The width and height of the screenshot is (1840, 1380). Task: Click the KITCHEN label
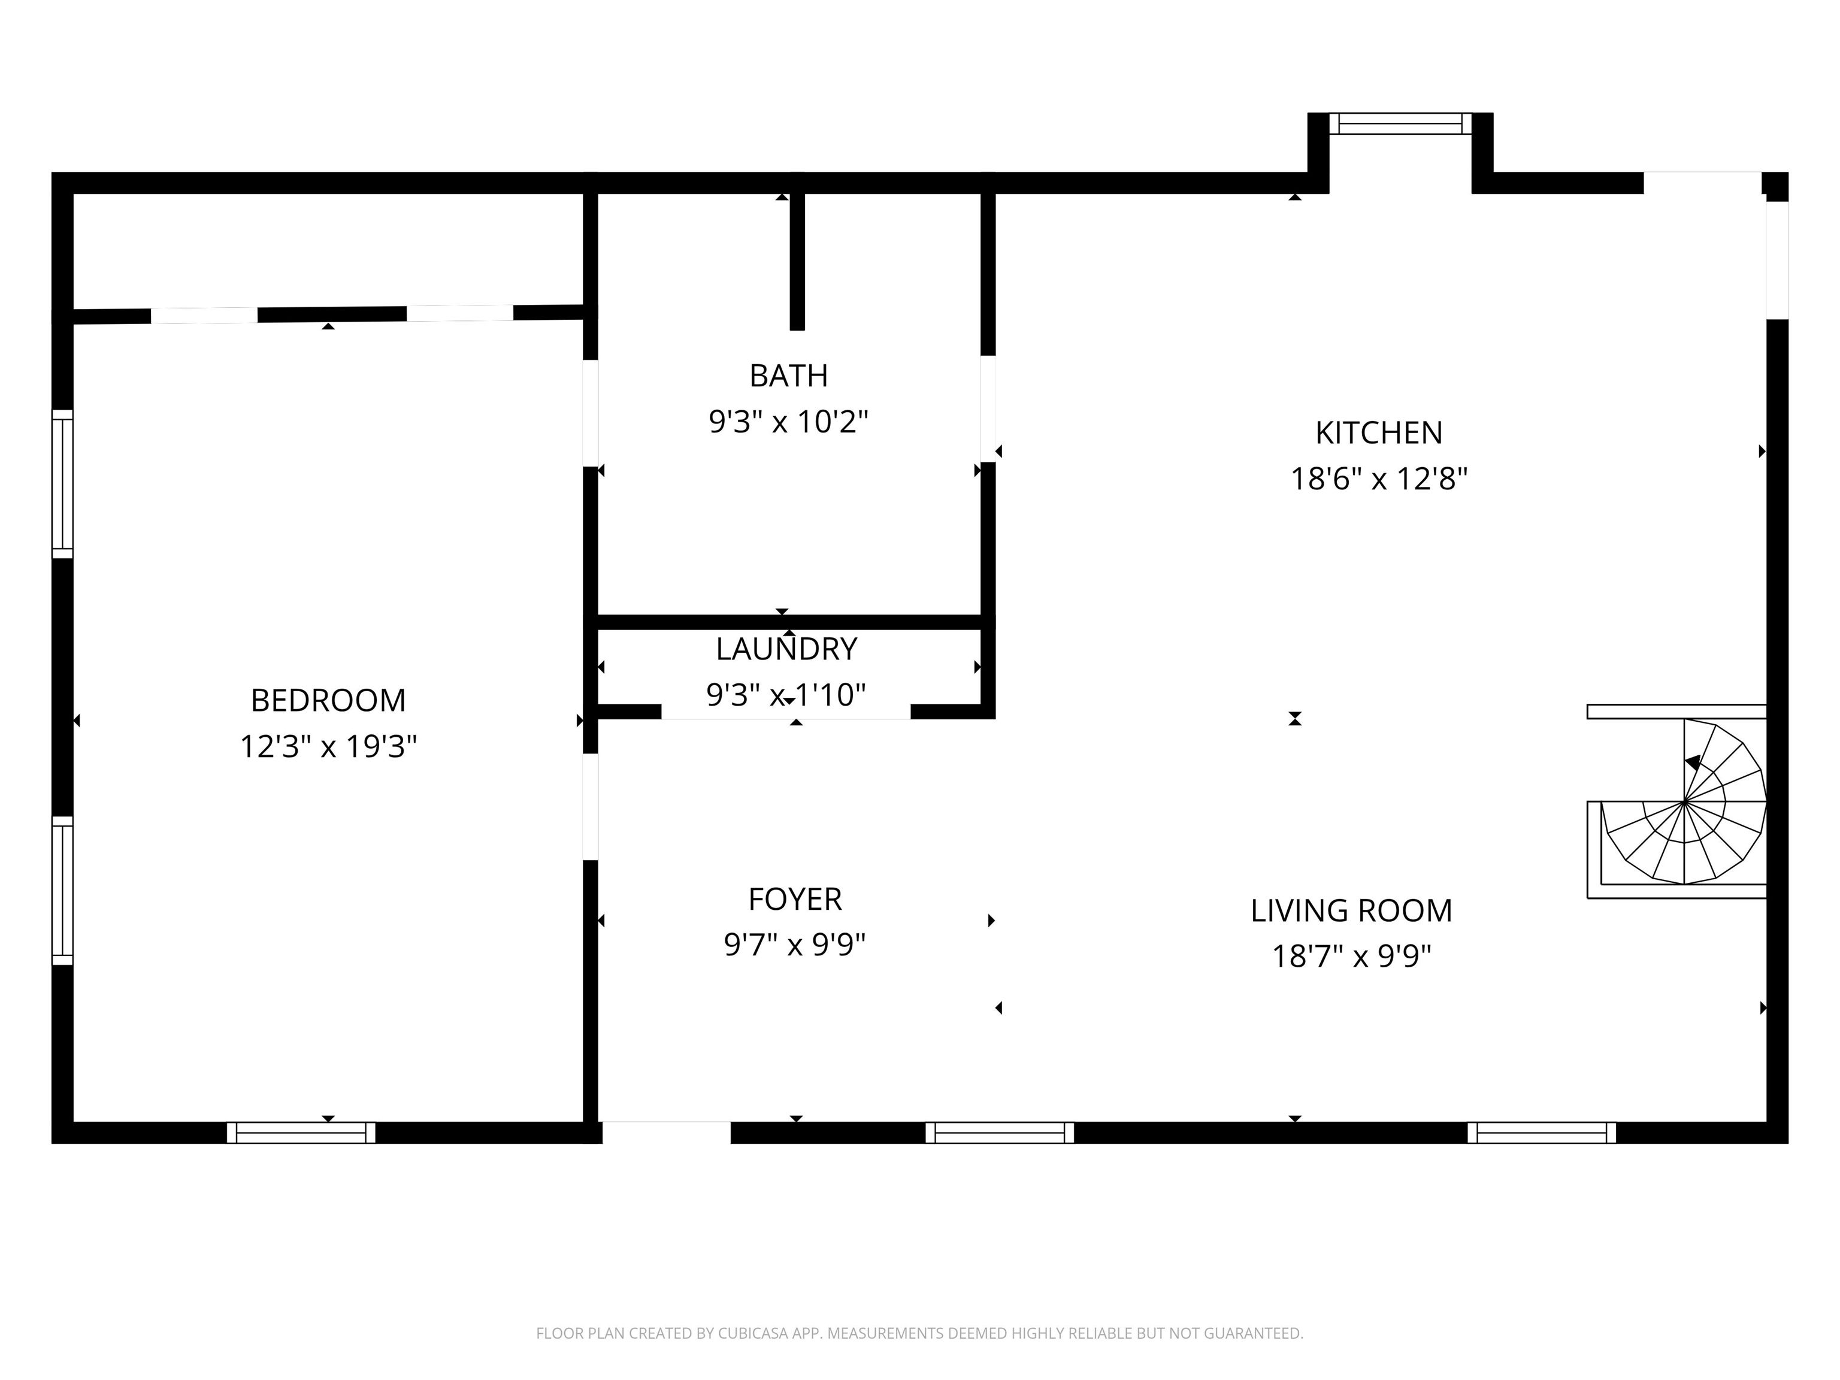(x=1378, y=432)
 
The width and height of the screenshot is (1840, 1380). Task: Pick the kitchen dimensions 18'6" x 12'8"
(x=1378, y=479)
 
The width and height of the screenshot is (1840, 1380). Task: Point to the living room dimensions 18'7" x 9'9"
(x=1351, y=957)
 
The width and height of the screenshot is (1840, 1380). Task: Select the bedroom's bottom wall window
(x=301, y=1132)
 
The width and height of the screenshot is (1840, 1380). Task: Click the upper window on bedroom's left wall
(x=62, y=483)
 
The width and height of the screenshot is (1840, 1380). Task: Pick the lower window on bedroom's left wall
(x=62, y=890)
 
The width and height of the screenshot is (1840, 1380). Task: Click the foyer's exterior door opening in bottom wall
(x=666, y=1131)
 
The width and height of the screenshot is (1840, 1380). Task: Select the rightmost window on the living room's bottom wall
(x=1541, y=1132)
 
